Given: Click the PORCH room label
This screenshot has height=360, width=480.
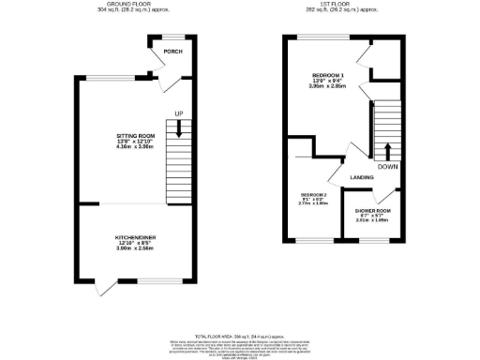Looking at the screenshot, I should [172, 52].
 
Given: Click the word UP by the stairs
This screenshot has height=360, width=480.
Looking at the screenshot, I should [177, 114].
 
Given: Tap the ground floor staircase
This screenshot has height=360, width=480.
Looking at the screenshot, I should [178, 159].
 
